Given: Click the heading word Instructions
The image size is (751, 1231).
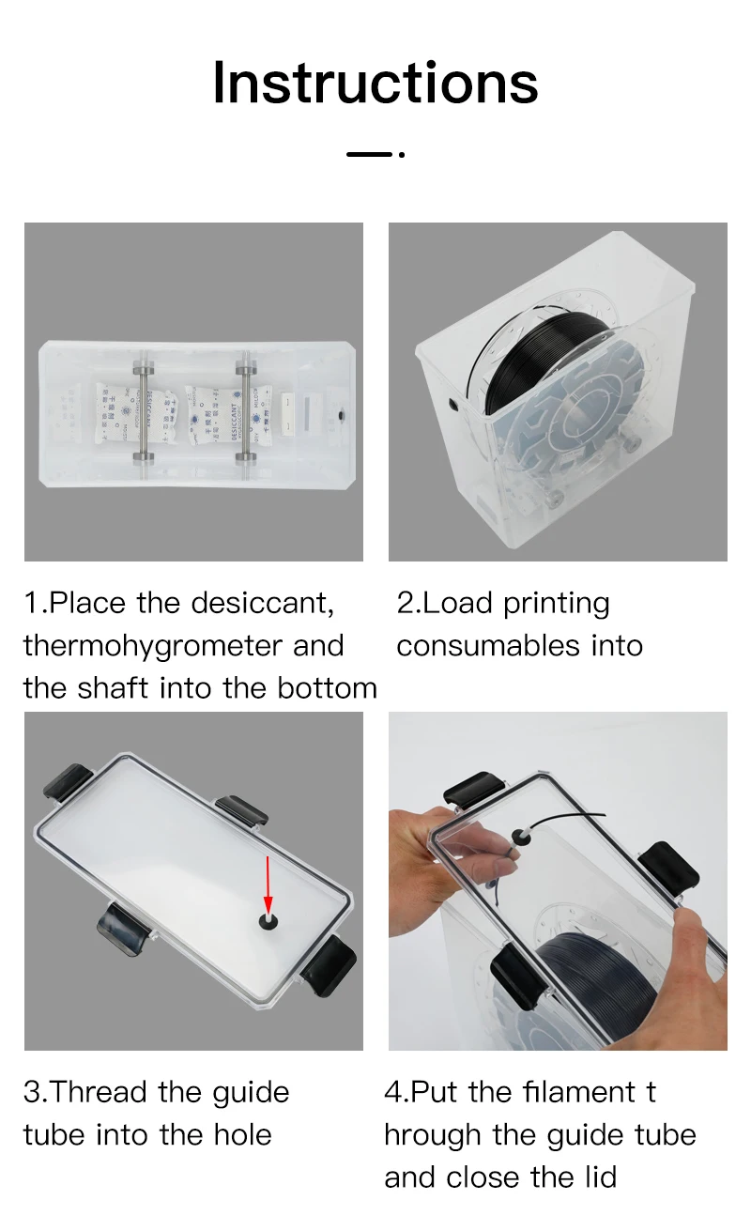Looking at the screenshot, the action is click(x=375, y=83).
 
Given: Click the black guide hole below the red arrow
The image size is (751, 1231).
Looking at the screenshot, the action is click(x=268, y=921).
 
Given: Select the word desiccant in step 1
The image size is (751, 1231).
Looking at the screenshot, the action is click(x=262, y=603).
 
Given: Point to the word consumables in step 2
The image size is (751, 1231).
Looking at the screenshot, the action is click(x=488, y=646).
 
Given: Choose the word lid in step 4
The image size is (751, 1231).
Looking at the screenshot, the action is click(x=601, y=1177).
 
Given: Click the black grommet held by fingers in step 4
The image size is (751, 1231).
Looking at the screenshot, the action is click(x=520, y=837).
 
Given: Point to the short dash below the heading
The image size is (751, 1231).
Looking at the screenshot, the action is click(x=369, y=154).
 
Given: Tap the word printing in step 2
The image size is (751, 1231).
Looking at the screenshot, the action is click(x=556, y=605).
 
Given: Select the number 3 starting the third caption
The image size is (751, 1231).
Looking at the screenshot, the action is click(x=31, y=1093).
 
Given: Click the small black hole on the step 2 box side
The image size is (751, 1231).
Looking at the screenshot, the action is click(x=453, y=405).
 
